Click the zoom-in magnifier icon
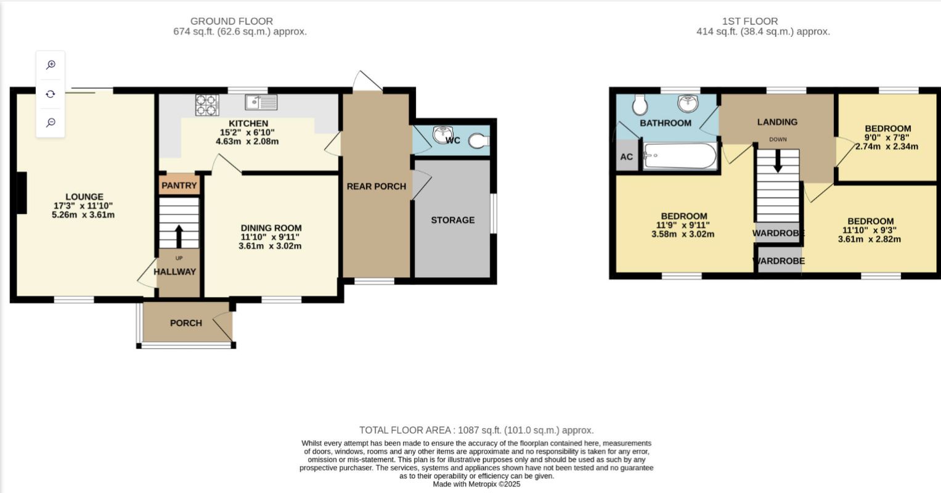click(x=51, y=65)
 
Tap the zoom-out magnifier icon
click(x=51, y=122)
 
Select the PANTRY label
click(x=179, y=185)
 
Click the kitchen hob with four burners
click(x=207, y=105)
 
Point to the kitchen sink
click(x=261, y=102)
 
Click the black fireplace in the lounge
click(x=22, y=193)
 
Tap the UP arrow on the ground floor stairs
click(x=179, y=237)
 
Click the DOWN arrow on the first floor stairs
click(x=778, y=161)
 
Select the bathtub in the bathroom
click(x=680, y=156)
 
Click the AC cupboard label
click(x=626, y=157)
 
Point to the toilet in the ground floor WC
click(x=479, y=141)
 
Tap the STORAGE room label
click(x=453, y=220)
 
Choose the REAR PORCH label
click(x=377, y=187)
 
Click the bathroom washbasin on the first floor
click(x=688, y=104)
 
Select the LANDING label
click(x=777, y=122)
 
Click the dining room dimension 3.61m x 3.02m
click(x=270, y=246)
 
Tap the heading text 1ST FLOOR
click(x=750, y=21)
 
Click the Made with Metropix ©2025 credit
click(x=476, y=484)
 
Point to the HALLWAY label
click(x=175, y=272)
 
